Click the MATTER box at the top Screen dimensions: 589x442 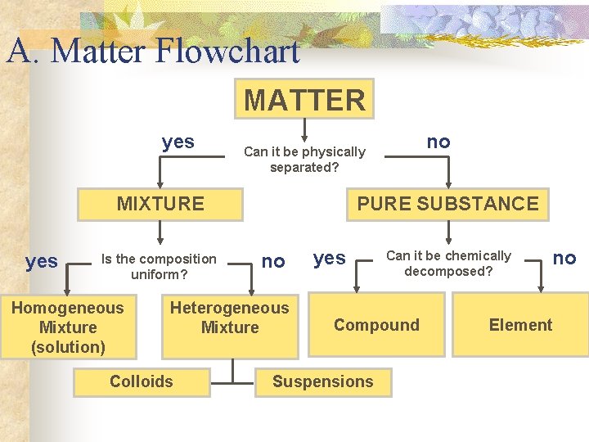pos(304,100)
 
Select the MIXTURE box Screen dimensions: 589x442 pos(160,204)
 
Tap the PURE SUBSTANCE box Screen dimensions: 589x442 pos(448,204)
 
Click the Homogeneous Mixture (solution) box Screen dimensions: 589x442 pos(68,327)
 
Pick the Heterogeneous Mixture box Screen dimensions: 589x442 pos(230,318)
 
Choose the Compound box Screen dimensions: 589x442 pos(376,325)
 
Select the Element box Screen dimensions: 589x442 pos(520,325)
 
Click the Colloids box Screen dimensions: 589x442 pos(142,381)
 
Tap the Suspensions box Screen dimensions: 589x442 pos(322,381)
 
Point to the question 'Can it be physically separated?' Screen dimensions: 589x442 pos(304,160)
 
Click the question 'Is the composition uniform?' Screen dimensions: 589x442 pos(159,267)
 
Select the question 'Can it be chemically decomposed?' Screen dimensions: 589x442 pos(448,263)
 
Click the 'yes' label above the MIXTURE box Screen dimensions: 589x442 pos(178,142)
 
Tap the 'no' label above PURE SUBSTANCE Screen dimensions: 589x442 pos(438,142)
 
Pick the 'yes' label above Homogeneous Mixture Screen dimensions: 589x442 pos(42,261)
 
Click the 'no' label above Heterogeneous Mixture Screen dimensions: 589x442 pos(273,261)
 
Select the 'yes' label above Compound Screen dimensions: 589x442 pos(330,259)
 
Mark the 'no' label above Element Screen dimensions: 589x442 pos(564,259)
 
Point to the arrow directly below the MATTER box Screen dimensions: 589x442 pos(304,129)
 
